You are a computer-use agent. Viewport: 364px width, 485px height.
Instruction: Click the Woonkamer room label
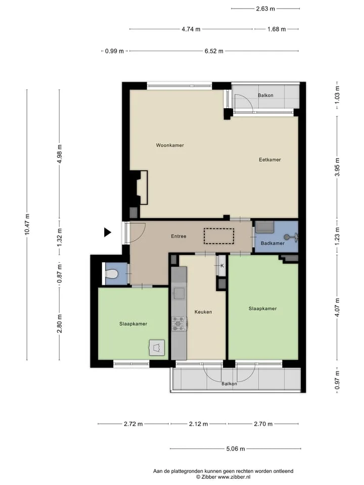click(170, 145)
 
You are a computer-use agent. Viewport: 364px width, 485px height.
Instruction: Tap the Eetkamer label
click(270, 160)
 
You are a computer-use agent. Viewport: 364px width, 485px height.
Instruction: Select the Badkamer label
click(272, 243)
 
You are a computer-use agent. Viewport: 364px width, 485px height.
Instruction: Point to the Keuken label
click(203, 312)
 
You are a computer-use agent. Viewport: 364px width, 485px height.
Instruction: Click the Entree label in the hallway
click(179, 236)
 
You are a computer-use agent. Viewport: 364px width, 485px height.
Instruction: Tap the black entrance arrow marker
click(107, 232)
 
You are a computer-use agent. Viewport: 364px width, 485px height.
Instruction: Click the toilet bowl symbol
click(112, 274)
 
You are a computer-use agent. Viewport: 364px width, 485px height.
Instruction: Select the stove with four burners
click(179, 323)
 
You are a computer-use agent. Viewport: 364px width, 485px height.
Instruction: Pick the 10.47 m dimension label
click(27, 224)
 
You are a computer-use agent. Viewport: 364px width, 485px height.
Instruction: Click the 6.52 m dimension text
click(214, 51)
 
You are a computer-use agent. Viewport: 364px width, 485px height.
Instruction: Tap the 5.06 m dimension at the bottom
click(236, 449)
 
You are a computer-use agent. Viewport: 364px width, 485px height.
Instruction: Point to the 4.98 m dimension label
click(60, 154)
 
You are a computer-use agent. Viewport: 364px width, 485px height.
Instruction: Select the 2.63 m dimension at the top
click(265, 9)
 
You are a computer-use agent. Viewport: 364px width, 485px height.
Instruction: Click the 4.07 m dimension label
click(337, 307)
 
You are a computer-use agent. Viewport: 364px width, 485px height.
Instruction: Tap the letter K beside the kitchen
click(222, 266)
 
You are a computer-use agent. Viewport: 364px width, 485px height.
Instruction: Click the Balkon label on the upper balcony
click(265, 95)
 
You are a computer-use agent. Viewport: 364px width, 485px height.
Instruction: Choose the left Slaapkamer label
click(133, 324)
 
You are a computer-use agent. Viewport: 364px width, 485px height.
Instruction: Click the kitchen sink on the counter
click(179, 293)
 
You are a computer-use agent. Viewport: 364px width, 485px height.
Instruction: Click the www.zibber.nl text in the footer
click(234, 477)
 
